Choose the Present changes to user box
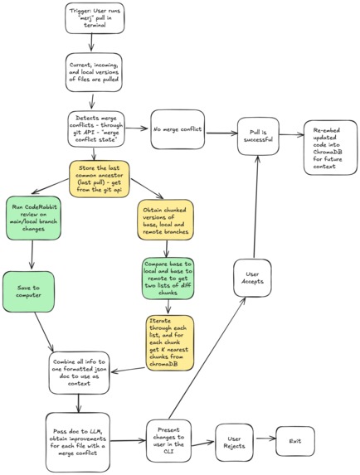click(172, 436)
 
